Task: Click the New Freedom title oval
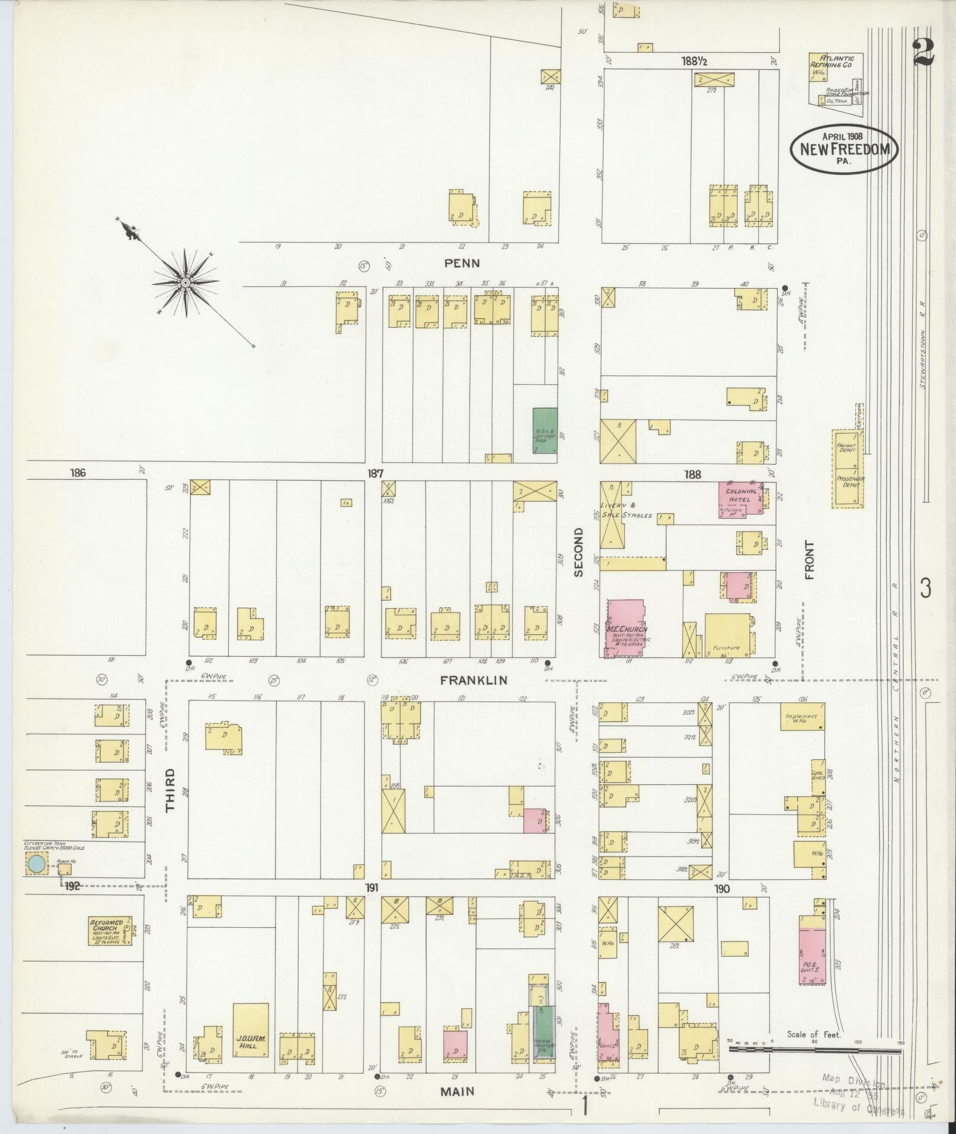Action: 844,149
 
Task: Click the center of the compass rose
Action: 186,283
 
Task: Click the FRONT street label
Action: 810,560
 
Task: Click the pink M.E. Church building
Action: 626,628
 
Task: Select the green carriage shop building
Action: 545,431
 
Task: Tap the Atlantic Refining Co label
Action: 836,62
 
